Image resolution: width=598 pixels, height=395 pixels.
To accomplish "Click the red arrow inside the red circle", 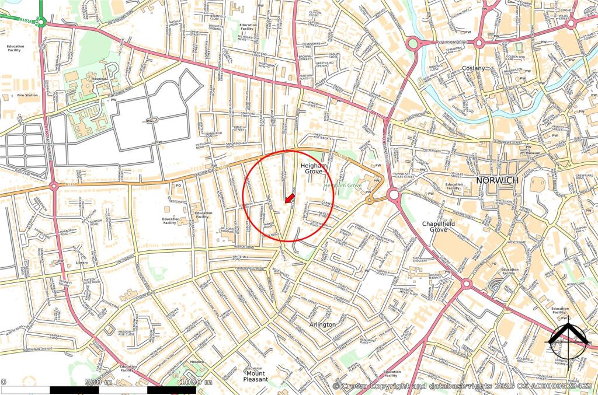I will (x=288, y=198).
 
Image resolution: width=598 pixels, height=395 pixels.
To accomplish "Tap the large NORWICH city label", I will (x=497, y=180).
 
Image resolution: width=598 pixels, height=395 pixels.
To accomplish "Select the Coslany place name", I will (x=474, y=68).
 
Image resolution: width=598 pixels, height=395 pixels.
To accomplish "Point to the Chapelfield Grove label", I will (x=443, y=227).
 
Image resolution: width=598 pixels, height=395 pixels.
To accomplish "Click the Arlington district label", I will (x=323, y=324).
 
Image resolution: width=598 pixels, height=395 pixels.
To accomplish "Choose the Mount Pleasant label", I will (x=256, y=376).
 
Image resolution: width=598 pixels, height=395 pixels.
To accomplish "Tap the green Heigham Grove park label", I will (x=343, y=184).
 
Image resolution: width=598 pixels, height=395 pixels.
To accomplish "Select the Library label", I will (x=82, y=263).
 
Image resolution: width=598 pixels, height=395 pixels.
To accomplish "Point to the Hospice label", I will (x=196, y=362).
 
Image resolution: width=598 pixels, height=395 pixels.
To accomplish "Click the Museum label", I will (x=533, y=153).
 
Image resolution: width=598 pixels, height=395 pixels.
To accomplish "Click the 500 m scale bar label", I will (x=99, y=382).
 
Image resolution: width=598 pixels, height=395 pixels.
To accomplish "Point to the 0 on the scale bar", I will (x=3, y=382).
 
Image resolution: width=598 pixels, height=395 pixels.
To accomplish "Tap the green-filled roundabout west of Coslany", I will (x=413, y=43).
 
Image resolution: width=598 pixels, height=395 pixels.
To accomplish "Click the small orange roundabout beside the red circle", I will (x=370, y=200).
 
